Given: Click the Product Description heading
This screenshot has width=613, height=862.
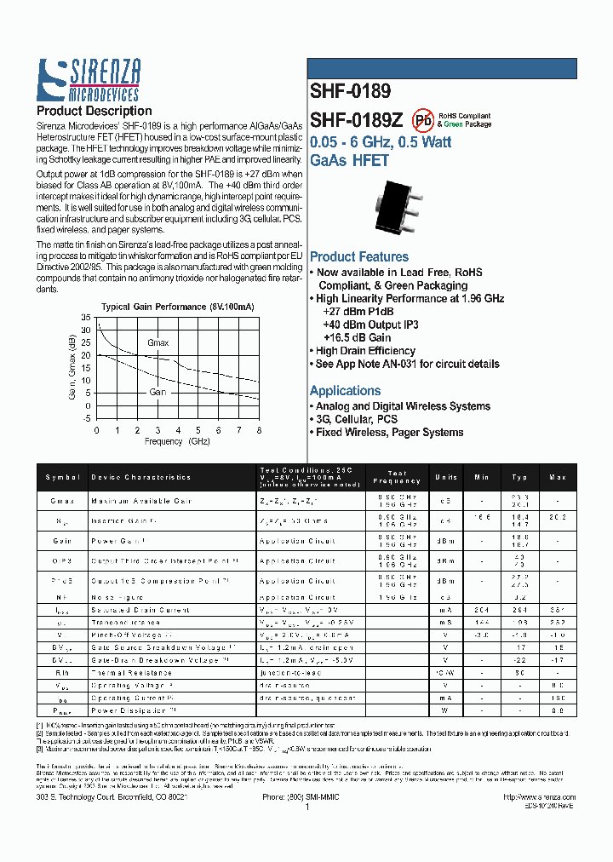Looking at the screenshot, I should (94, 111).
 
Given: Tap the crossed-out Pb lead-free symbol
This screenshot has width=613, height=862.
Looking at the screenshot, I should (422, 119).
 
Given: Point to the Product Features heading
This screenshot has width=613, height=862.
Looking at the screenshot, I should (358, 257).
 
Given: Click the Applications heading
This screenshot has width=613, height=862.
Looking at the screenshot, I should (345, 390).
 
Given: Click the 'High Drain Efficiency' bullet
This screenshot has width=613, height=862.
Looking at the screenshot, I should (365, 351).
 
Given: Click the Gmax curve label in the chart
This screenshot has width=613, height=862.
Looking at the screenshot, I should (158, 342).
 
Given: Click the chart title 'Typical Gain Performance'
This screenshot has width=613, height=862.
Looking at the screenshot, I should (178, 307).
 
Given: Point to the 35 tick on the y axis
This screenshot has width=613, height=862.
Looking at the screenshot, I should (85, 318).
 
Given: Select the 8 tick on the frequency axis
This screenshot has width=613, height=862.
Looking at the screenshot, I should (259, 431).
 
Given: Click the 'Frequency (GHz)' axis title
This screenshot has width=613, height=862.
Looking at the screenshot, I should (176, 442).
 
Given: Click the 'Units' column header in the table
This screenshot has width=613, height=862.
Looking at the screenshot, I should (445, 478).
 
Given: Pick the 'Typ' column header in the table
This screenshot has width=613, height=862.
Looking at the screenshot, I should (519, 478).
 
